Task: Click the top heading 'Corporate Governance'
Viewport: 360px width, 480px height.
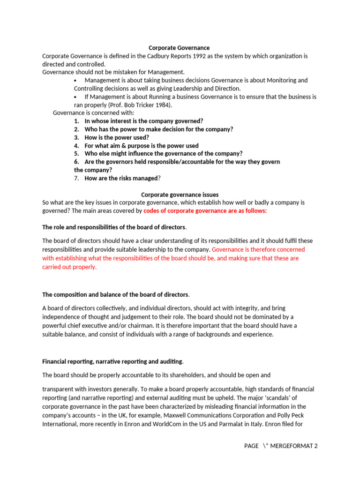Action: coord(179,48)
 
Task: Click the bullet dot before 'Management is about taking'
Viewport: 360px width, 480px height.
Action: coord(75,81)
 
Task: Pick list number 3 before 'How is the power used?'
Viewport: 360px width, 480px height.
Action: coord(76,137)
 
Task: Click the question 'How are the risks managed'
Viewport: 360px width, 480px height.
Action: coord(121,178)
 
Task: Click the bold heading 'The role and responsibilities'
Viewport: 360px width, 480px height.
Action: coord(114,227)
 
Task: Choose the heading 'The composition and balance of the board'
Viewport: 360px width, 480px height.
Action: coord(115,295)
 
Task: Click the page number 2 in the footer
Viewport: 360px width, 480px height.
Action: coord(316,446)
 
